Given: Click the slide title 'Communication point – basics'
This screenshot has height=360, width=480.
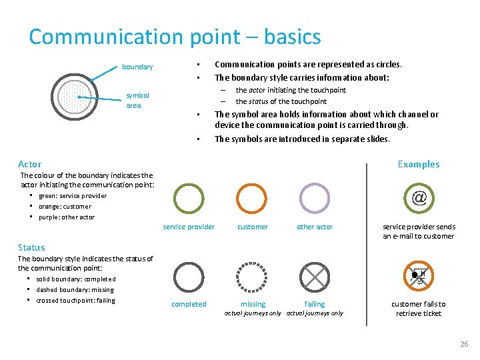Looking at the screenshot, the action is click(175, 37).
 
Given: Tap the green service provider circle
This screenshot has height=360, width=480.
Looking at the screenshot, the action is click(189, 198).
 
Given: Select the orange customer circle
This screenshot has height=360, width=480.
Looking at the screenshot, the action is click(252, 198).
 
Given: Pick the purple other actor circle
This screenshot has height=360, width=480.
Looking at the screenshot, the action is click(314, 198).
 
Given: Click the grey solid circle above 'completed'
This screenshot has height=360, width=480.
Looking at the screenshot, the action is click(189, 276).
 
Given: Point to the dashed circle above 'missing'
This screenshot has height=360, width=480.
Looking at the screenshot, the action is click(252, 276).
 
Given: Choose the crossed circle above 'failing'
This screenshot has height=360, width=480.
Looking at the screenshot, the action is click(314, 276).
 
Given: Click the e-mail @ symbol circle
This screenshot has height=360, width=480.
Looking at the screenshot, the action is click(419, 198).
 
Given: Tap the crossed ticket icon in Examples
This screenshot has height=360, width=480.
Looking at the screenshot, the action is click(419, 276).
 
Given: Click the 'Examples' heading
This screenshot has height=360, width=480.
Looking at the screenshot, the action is click(418, 164).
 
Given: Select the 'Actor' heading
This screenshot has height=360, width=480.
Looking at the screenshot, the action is click(29, 164).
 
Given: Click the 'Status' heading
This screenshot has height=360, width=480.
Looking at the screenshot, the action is click(31, 247).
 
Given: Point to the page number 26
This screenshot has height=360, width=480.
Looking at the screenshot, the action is click(464, 344).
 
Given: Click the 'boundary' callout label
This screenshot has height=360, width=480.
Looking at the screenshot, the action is click(137, 67).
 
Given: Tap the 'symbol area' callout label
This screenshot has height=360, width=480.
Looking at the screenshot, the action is click(137, 100).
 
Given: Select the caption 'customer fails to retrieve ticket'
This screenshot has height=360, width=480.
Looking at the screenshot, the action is click(419, 309).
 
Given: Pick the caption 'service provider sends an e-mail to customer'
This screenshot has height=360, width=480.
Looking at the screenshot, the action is click(419, 231).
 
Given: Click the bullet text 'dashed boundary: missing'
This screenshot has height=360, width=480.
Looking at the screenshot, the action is click(75, 289).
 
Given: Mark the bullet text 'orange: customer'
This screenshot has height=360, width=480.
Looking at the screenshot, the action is click(65, 207).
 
